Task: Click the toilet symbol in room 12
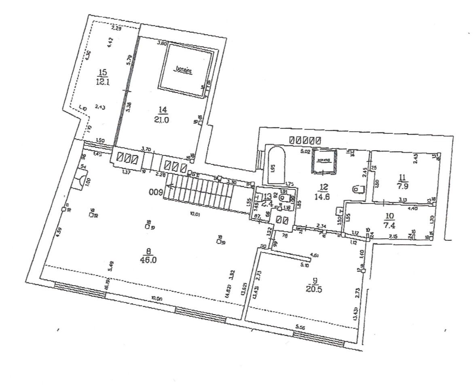(x=358, y=189)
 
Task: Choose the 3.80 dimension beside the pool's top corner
(x=162, y=42)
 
